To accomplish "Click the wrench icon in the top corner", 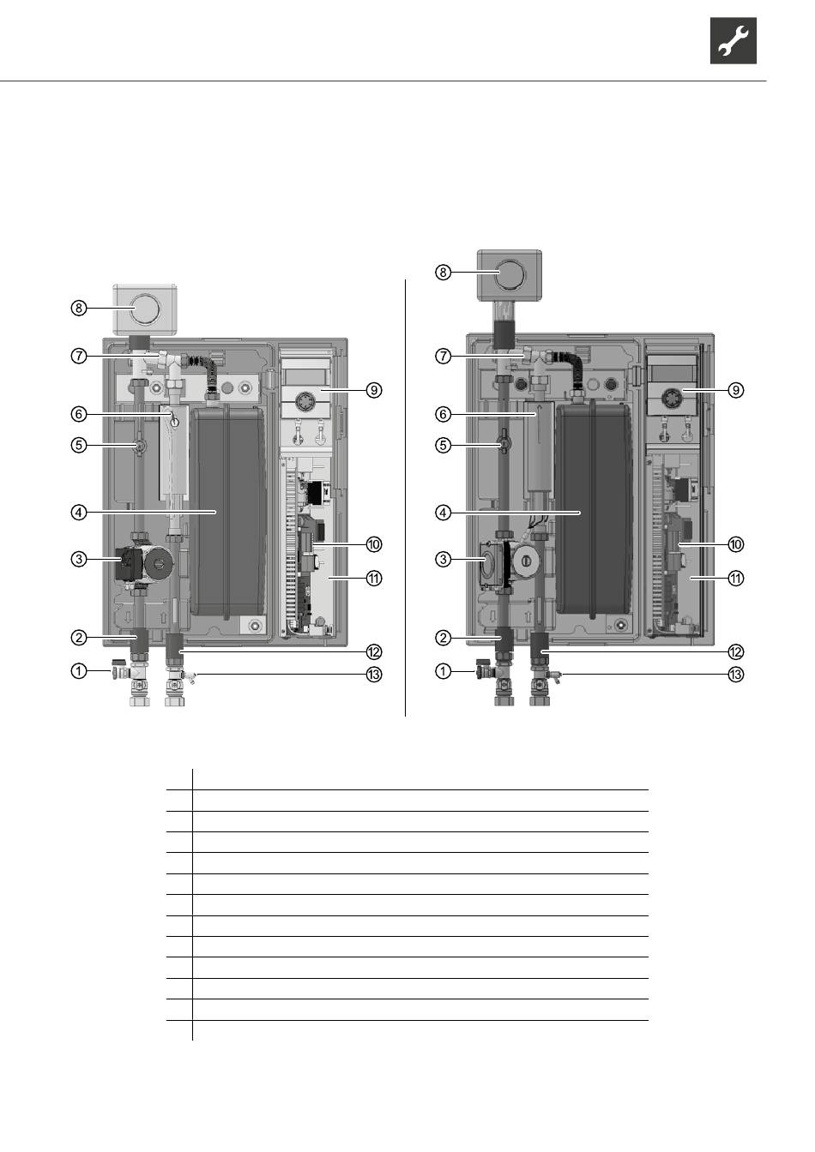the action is tap(733, 40).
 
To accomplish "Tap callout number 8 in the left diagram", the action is tap(78, 308).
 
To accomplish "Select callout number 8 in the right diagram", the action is tap(443, 272).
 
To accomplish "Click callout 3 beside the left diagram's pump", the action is tap(78, 559).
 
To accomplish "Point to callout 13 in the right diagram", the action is tap(736, 675).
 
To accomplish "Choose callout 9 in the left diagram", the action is tap(374, 390).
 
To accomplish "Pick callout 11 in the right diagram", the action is tap(736, 579).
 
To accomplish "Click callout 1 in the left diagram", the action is tap(78, 671).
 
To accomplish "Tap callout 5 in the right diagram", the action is tap(443, 445).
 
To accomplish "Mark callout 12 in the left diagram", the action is tap(374, 652).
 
